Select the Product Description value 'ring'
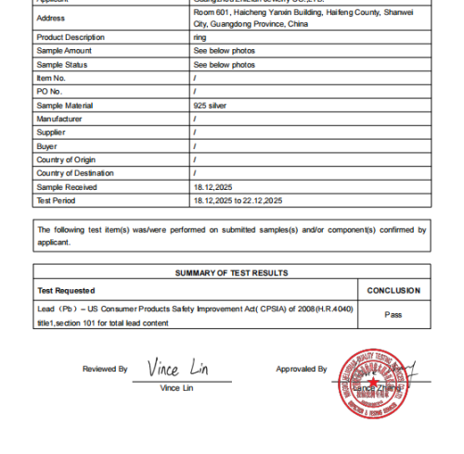(199, 37)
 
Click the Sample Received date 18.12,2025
(213, 187)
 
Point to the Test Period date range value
(236, 200)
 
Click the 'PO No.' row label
(49, 92)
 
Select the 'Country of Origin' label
(65, 159)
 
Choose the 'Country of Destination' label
(74, 173)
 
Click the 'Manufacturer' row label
(58, 119)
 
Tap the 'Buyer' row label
(46, 146)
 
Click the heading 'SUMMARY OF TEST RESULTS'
(231, 272)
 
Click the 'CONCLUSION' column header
(393, 290)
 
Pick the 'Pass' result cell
(393, 314)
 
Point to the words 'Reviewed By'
(105, 369)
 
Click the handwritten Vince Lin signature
(176, 368)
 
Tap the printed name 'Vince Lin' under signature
(176, 387)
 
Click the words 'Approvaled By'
(301, 369)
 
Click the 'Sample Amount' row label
(63, 51)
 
